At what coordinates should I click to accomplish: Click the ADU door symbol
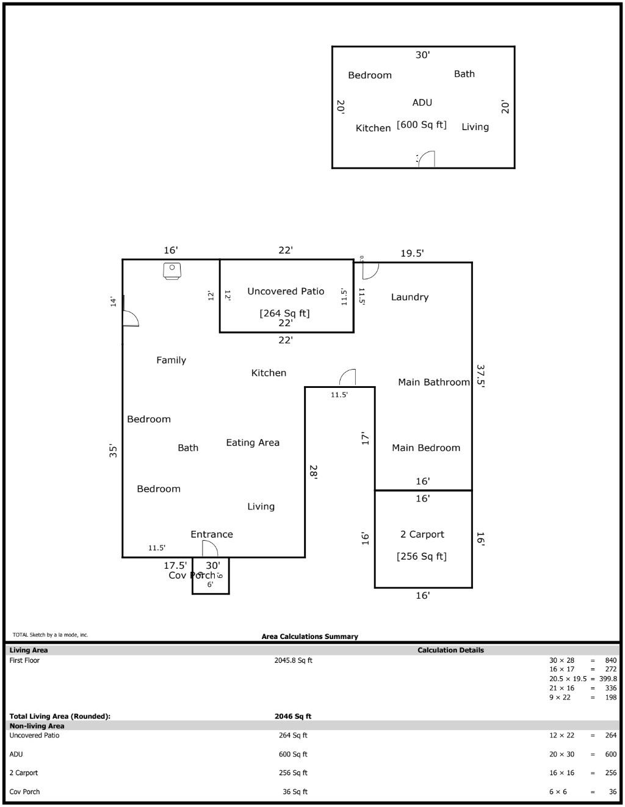point(426,159)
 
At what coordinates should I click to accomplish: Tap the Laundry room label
point(410,297)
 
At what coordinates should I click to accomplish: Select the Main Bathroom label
point(433,382)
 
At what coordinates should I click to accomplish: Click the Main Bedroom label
point(425,448)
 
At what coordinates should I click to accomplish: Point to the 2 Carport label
point(422,534)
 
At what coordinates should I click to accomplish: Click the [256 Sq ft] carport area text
point(421,556)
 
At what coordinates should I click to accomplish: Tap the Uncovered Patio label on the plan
point(286,291)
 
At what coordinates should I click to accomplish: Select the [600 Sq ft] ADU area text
point(421,125)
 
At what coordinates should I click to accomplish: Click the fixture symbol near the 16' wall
point(172,270)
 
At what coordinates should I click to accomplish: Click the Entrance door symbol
point(209,549)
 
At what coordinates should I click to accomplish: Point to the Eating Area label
point(253,442)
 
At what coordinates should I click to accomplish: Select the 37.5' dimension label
point(480,376)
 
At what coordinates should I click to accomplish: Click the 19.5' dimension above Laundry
point(412,253)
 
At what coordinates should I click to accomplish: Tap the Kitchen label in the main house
point(269,373)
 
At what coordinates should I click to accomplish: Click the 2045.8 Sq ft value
point(293,660)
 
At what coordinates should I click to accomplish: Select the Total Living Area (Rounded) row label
point(60,716)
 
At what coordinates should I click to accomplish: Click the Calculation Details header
point(450,650)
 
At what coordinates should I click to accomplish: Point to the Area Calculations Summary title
point(309,637)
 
